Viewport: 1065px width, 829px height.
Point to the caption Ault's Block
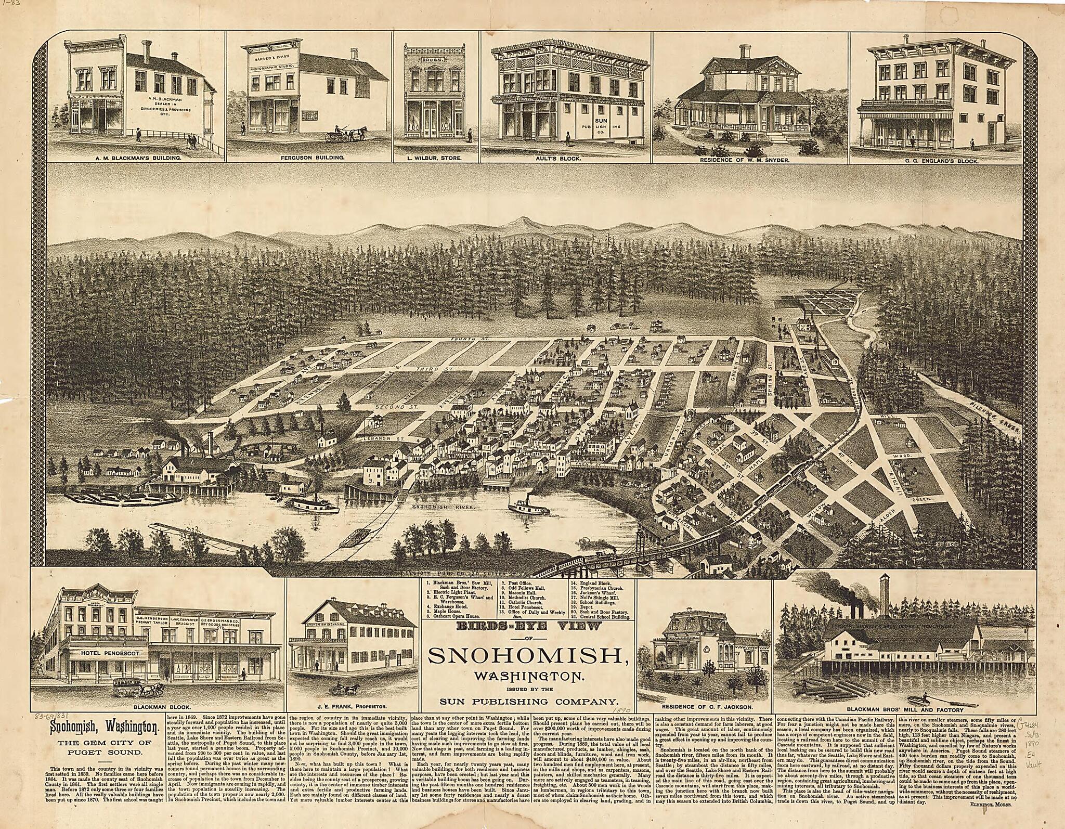(x=566, y=157)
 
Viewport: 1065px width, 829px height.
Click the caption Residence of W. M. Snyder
(x=745, y=161)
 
